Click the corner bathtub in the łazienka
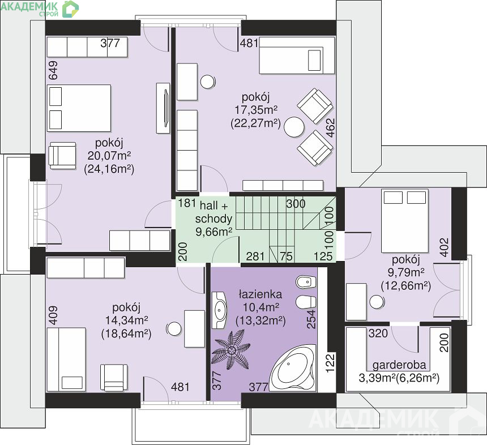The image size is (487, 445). pos(293,369)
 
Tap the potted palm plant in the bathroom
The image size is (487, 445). pos(231,350)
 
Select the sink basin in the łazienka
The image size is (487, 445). pos(220,310)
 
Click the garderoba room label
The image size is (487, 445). pos(399,365)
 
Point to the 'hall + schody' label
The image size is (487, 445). pos(213,212)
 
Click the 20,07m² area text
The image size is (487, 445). pos(109,156)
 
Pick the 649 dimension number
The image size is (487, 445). pos(53,70)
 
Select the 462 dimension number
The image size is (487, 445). pos(331,127)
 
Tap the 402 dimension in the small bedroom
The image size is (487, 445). pos(445,247)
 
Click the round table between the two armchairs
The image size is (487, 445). pos(294,127)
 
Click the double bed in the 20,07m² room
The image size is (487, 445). pos(79,108)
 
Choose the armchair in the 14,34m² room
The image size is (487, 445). pos(114,378)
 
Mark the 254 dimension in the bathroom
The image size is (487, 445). pos(311,319)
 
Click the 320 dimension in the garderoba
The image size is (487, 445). pos(378,333)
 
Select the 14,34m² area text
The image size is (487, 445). pos(126,320)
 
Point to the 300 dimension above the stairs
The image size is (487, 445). pos(296,204)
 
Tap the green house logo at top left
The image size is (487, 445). pos(70,9)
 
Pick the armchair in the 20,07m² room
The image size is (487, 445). pos(62,156)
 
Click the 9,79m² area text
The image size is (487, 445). pos(406,273)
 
